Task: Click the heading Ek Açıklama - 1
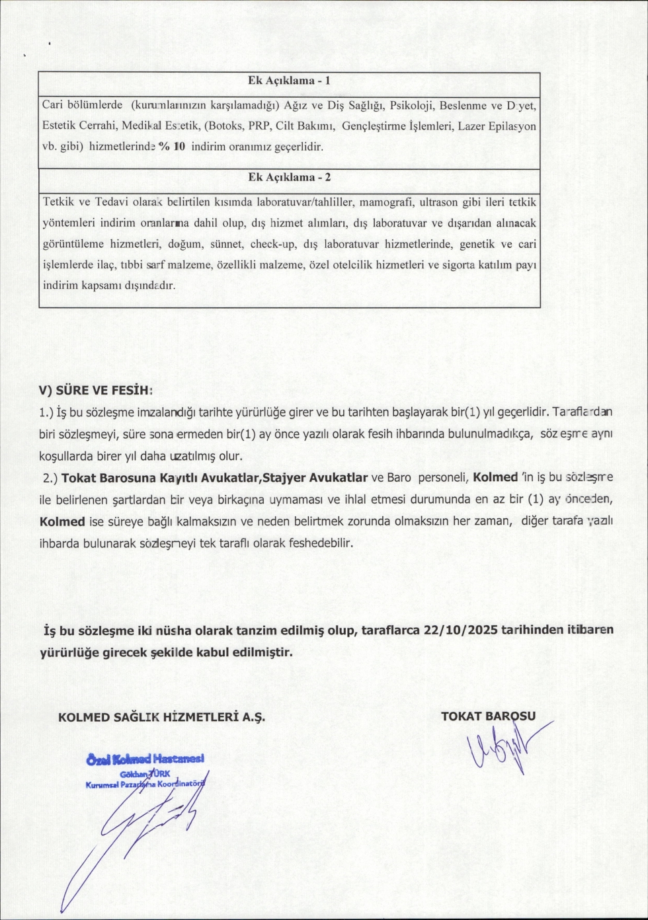pyautogui.click(x=289, y=81)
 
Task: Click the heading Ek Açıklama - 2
pyautogui.click(x=289, y=177)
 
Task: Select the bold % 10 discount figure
pyautogui.click(x=172, y=147)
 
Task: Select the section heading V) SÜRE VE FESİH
pyautogui.click(x=95, y=390)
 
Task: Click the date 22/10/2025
pyautogui.click(x=461, y=629)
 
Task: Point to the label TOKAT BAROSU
pyautogui.click(x=488, y=715)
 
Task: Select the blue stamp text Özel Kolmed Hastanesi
pyautogui.click(x=145, y=758)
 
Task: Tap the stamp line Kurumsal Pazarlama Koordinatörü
pyautogui.click(x=145, y=785)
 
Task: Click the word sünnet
pyautogui.click(x=227, y=244)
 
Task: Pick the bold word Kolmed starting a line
pyautogui.click(x=62, y=521)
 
